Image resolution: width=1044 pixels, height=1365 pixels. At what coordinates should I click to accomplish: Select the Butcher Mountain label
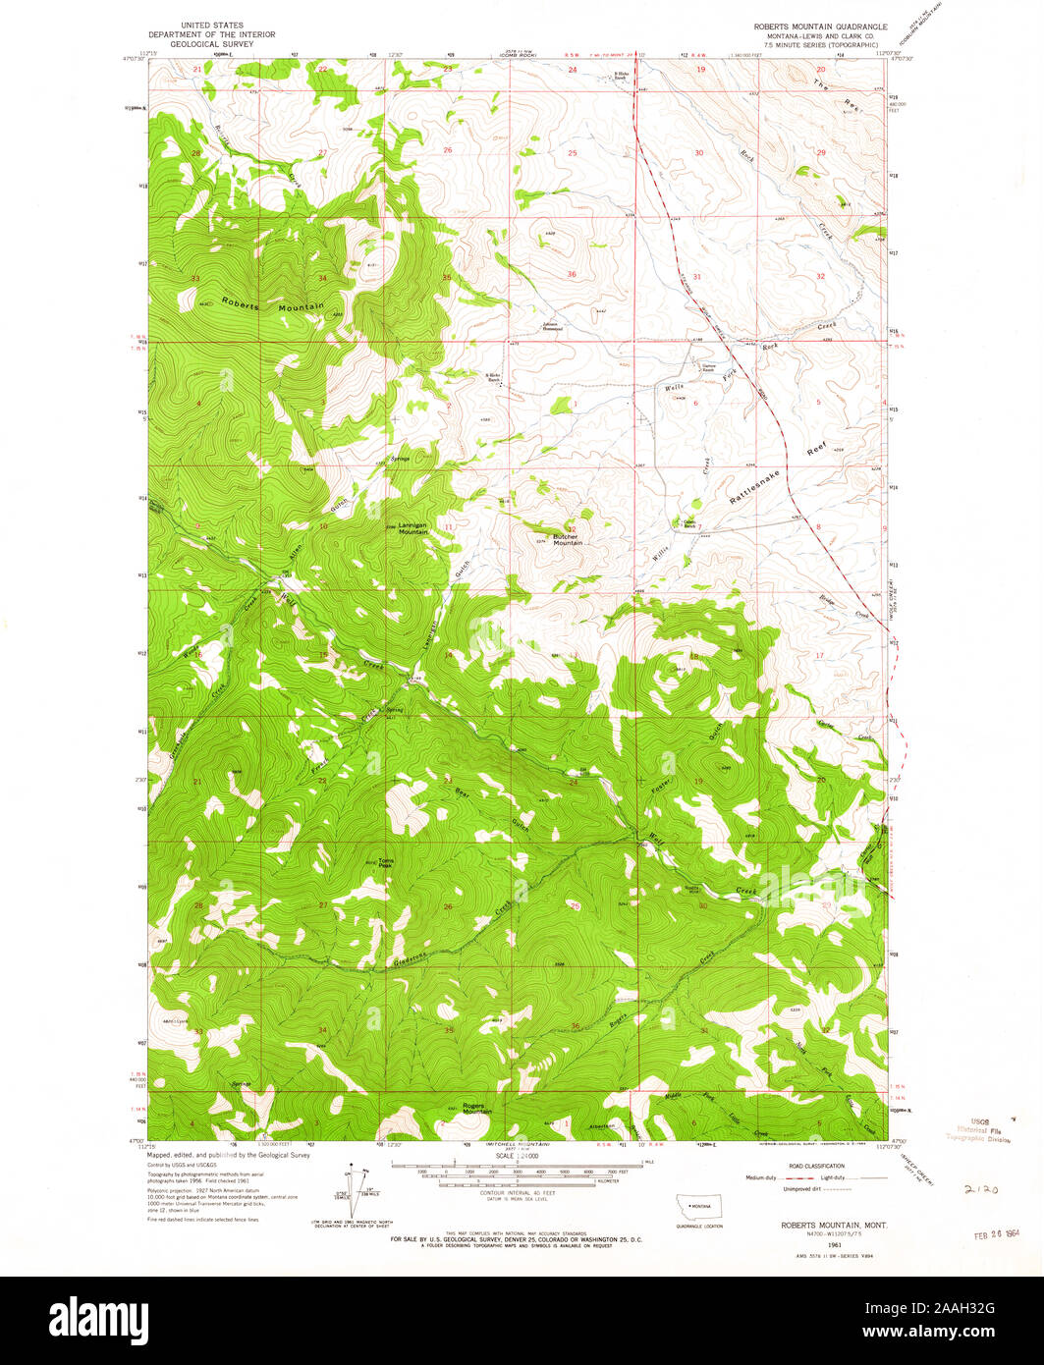568,539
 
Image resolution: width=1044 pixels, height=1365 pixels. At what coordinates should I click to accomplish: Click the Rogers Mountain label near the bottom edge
477,1108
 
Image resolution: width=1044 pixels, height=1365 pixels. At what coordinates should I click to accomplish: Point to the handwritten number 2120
981,1187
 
